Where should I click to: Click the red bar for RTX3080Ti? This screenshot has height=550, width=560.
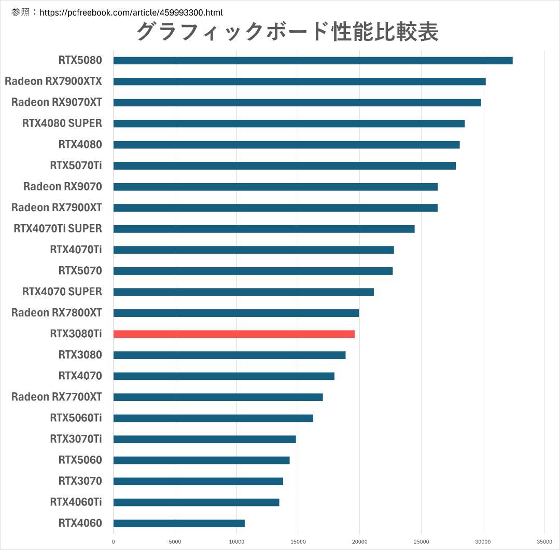[234, 334]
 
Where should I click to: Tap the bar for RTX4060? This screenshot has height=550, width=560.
[179, 523]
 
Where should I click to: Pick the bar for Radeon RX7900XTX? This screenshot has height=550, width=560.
[299, 81]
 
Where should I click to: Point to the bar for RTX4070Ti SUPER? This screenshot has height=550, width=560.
[264, 229]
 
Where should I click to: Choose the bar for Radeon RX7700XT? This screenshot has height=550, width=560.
[218, 397]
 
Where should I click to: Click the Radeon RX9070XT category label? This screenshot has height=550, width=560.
[57, 102]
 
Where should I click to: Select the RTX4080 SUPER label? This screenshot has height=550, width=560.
[62, 123]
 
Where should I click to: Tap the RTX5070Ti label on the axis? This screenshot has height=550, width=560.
[76, 166]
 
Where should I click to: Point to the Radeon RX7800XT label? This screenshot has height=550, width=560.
[57, 313]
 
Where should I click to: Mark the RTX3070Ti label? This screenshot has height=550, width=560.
[76, 439]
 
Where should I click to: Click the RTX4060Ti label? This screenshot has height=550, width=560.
[76, 502]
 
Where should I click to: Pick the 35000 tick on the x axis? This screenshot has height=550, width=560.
[544, 542]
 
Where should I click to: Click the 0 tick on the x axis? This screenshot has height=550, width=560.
[113, 542]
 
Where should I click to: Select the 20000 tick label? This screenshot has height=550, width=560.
[359, 542]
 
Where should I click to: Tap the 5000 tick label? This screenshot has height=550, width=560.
[175, 542]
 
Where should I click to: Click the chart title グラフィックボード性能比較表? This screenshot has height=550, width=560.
[287, 32]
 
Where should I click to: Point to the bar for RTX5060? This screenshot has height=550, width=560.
[201, 460]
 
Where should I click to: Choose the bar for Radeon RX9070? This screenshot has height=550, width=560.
[275, 187]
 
